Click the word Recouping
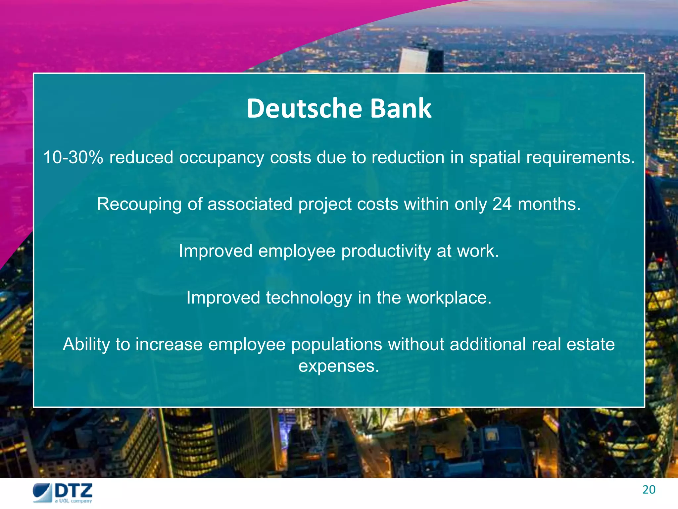139,204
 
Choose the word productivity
386,251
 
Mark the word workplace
449,298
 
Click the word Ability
86,345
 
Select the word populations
336,345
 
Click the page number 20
649,490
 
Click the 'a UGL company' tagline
73,501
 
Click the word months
549,204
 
